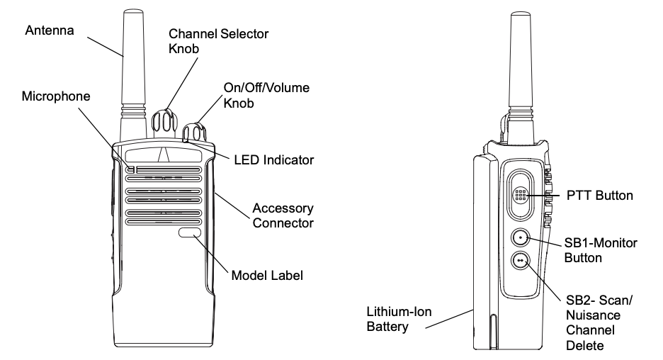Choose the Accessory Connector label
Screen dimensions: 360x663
(x=284, y=216)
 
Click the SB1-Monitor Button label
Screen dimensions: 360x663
(x=601, y=250)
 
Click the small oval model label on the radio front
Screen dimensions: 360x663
(x=189, y=232)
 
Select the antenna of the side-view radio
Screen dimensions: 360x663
(x=521, y=71)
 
